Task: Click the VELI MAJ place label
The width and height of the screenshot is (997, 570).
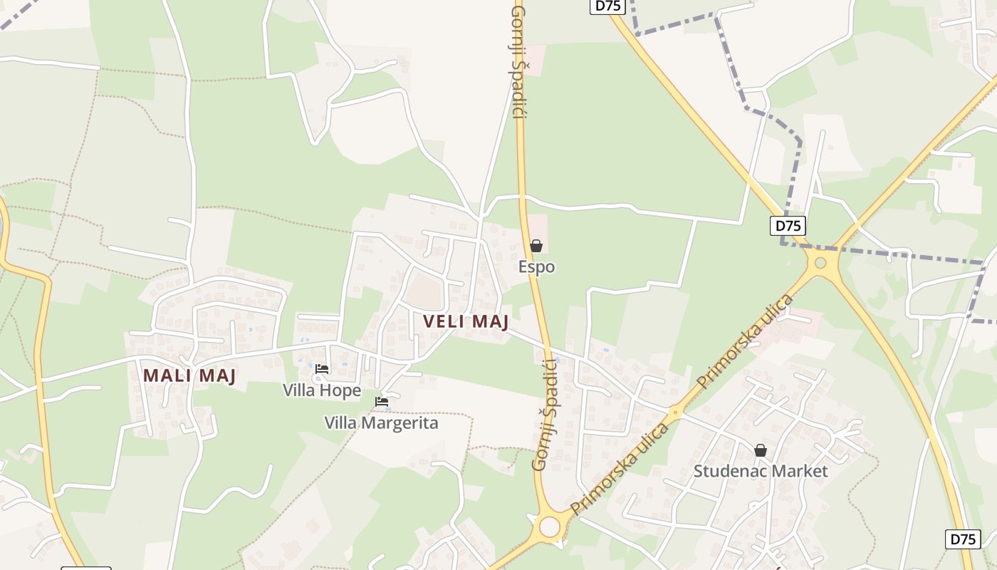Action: [x=466, y=322]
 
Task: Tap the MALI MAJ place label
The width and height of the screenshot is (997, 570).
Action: [x=189, y=375]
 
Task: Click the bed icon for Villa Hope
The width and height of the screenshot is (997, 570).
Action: [x=322, y=369]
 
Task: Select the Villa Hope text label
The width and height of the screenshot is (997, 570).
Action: [x=322, y=390]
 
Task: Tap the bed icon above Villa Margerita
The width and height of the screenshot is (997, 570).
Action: [x=382, y=402]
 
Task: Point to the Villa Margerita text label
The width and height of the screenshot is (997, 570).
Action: [x=381, y=423]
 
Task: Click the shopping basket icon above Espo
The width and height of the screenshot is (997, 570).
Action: [x=536, y=246]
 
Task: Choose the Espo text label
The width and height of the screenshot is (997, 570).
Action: [x=536, y=267]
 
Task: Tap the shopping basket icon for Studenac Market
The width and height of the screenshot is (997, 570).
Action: [x=761, y=450]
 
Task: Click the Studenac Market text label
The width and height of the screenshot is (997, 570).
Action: [x=761, y=471]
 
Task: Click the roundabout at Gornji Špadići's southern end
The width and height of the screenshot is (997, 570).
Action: [x=549, y=527]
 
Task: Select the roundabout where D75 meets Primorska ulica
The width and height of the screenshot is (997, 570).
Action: [x=820, y=263]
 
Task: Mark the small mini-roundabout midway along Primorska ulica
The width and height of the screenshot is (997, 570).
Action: [x=675, y=411]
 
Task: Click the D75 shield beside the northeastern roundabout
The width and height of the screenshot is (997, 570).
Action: [x=788, y=226]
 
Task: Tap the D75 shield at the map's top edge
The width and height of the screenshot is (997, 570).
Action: [x=607, y=6]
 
